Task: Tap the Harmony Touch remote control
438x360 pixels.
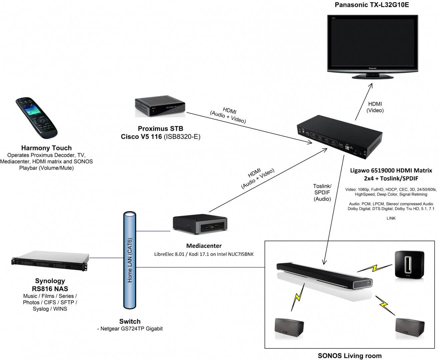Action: click(x=37, y=120)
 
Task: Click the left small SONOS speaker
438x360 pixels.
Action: click(x=289, y=328)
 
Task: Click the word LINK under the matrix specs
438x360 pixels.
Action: click(x=391, y=218)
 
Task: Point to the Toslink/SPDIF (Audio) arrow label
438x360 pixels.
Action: click(x=322, y=192)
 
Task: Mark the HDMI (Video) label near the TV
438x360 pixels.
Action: click(x=375, y=107)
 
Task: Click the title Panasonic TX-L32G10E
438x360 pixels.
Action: click(x=371, y=5)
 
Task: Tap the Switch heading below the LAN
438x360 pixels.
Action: click(x=130, y=321)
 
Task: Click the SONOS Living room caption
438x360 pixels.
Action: click(x=350, y=356)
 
